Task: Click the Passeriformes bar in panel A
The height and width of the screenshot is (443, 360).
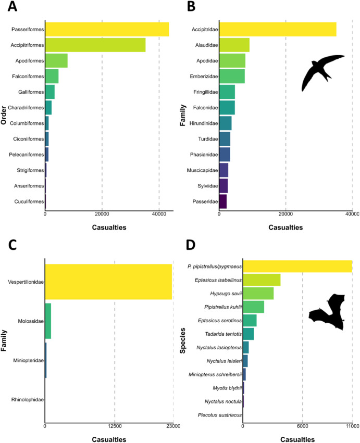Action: [x=107, y=29]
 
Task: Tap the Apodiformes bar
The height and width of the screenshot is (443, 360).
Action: [x=56, y=61]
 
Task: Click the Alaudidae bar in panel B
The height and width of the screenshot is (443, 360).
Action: [x=234, y=45]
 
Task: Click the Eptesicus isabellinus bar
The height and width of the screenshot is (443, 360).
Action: [x=262, y=280]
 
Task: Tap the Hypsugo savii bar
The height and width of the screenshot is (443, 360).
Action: [x=258, y=293]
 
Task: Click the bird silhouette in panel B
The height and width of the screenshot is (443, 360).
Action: [x=322, y=71]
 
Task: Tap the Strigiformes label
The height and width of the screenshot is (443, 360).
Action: [x=28, y=170]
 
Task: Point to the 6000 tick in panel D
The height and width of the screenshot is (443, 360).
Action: [x=303, y=426]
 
